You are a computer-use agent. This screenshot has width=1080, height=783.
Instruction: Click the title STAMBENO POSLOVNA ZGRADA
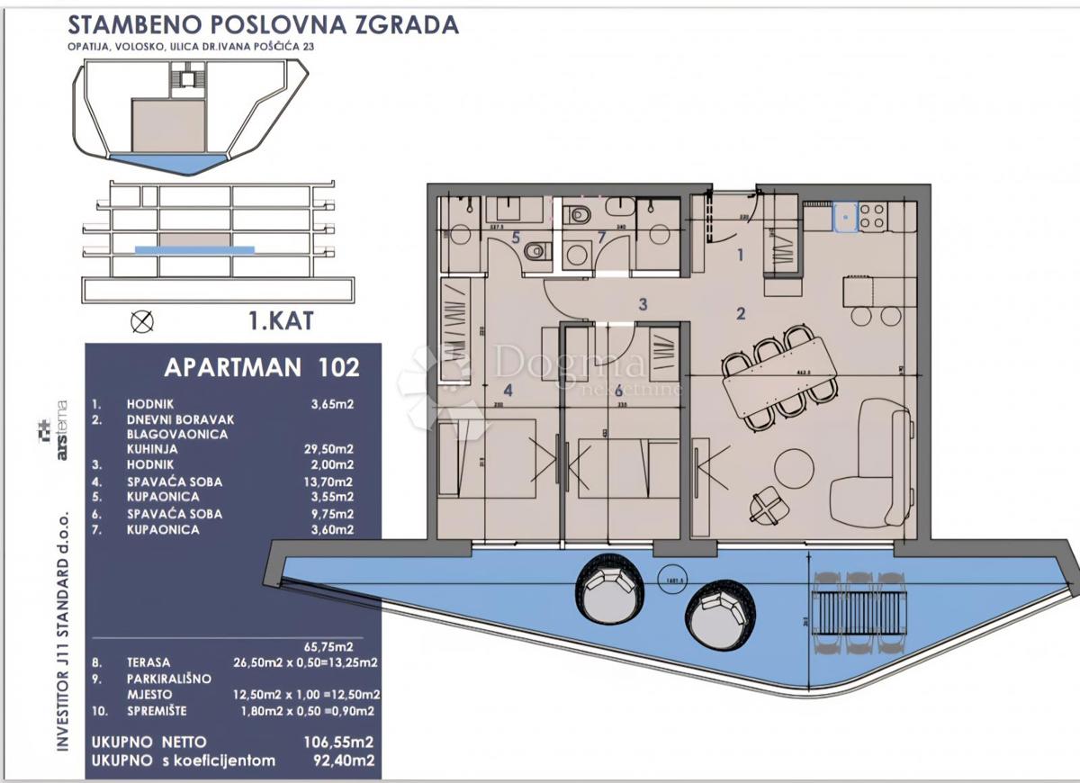[262, 24]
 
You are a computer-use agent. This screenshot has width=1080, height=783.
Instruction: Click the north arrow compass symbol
[141, 320]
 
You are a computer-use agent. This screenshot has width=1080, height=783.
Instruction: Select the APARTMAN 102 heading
[262, 367]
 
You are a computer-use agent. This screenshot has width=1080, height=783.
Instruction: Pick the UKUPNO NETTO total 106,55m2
[340, 742]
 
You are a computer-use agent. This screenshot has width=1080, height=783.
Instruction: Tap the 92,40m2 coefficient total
[343, 760]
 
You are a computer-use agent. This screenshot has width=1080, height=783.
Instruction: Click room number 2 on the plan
[740, 314]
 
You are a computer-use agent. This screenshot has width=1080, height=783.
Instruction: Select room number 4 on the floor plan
[508, 391]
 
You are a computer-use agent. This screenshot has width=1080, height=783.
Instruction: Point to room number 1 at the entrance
[740, 255]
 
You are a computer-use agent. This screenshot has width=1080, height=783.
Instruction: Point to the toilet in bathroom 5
[535, 251]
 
